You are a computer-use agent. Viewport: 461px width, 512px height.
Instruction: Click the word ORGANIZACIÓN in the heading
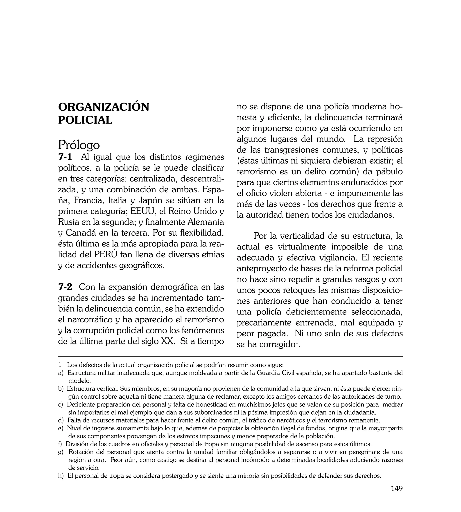[x=104, y=107]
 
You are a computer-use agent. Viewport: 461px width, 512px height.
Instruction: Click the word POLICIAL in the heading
[x=85, y=120]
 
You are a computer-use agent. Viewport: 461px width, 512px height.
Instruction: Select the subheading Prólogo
[x=79, y=145]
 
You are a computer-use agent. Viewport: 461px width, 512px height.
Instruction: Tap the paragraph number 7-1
[x=65, y=157]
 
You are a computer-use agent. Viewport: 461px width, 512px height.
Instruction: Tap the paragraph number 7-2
[x=65, y=287]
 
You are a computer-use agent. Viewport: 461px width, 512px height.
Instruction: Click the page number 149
[x=397, y=496]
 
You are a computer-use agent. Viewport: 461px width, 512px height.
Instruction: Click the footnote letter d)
[x=61, y=421]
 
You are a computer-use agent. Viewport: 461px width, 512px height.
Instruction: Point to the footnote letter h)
[x=61, y=476]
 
